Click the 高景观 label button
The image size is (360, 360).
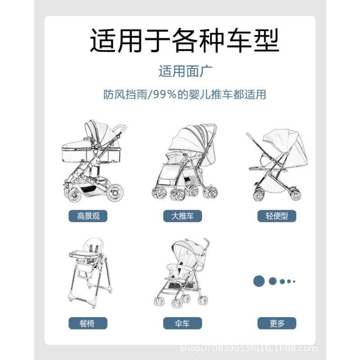pyautogui.click(x=88, y=216)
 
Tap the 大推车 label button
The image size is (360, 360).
pyautogui.click(x=183, y=216)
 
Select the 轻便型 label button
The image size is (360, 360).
pyautogui.click(x=277, y=216)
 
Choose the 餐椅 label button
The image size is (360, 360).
pyautogui.click(x=88, y=323)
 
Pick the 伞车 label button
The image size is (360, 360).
pyautogui.click(x=183, y=323)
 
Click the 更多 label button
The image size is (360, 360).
pyautogui.click(x=277, y=323)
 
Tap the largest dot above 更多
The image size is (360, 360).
pyautogui.click(x=258, y=281)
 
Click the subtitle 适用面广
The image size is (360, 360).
pyautogui.click(x=185, y=71)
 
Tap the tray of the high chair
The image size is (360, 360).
pyautogui.click(x=88, y=259)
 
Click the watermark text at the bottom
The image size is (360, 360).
pyautogui.click(x=248, y=349)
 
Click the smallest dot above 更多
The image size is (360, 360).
pyautogui.click(x=294, y=281)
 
